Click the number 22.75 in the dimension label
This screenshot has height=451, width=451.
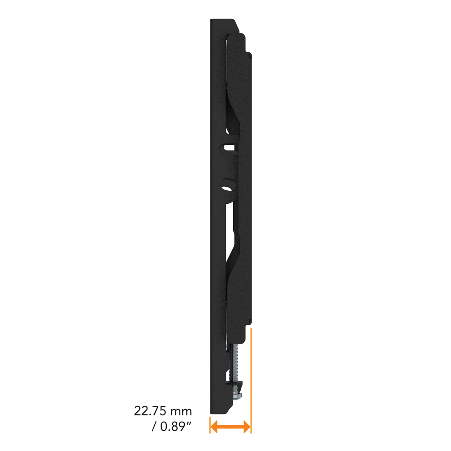tap(151, 411)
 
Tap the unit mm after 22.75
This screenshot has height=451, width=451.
tap(181, 412)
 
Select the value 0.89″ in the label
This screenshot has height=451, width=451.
tap(175, 427)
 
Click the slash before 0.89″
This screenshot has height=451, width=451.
tap(154, 427)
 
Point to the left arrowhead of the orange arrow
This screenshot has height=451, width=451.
tap(214, 426)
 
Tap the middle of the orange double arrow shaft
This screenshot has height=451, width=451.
tap(230, 426)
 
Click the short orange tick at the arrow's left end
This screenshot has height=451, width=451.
tap(210, 425)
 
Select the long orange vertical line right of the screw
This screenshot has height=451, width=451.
tap(251, 381)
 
